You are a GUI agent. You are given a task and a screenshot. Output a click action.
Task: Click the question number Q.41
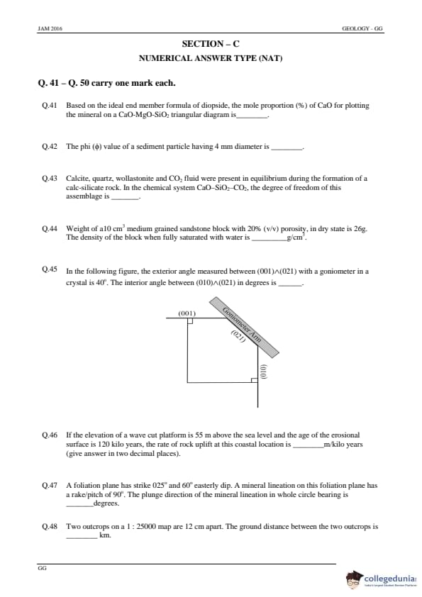click(x=49, y=106)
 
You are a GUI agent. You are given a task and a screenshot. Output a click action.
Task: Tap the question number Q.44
click(x=49, y=228)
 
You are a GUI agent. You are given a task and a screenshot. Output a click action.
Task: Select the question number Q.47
click(x=49, y=485)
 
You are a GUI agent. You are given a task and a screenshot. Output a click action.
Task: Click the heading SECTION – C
click(x=211, y=44)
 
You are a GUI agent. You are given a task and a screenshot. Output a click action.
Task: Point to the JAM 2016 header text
click(x=50, y=28)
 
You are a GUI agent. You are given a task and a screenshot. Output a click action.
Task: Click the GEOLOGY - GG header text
click(x=362, y=28)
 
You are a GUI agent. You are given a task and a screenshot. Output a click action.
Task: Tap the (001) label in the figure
click(x=187, y=313)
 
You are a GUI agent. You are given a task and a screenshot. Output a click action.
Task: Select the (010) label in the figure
click(x=263, y=372)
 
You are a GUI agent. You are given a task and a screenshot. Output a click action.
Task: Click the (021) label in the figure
click(x=238, y=337)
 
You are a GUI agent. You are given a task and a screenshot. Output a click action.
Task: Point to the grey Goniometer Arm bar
click(x=244, y=328)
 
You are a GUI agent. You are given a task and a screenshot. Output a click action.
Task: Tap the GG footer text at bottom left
click(x=42, y=568)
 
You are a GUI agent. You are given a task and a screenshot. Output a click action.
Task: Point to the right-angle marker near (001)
click(x=190, y=321)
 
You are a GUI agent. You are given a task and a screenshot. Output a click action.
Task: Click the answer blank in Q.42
click(x=287, y=148)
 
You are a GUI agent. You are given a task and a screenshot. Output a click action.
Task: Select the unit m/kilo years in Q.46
click(x=343, y=445)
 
